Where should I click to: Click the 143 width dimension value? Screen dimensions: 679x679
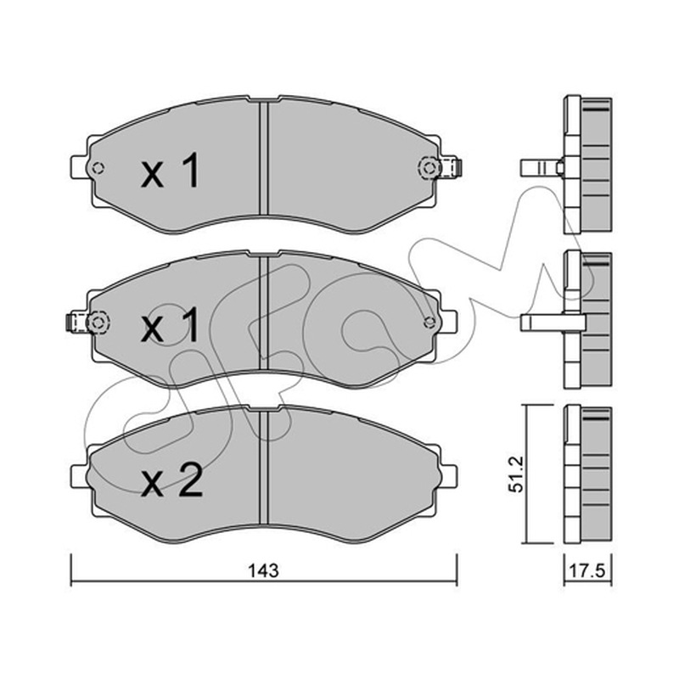263,570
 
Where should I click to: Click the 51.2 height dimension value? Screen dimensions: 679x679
517,474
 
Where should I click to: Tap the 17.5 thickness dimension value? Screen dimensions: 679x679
587,570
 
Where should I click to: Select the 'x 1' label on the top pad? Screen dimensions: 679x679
171,171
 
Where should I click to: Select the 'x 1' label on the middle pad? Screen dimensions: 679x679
171,324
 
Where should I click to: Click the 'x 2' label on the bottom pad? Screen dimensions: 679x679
172,479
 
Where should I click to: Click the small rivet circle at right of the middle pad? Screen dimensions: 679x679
429,322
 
